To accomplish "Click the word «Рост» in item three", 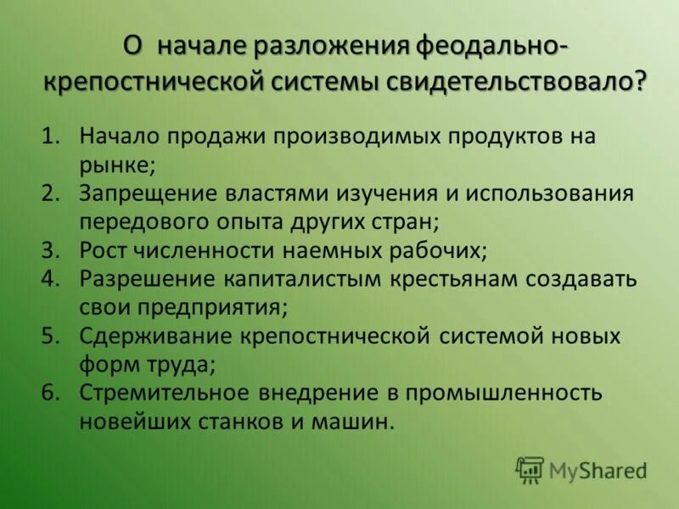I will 105,250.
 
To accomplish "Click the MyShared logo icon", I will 530,468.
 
